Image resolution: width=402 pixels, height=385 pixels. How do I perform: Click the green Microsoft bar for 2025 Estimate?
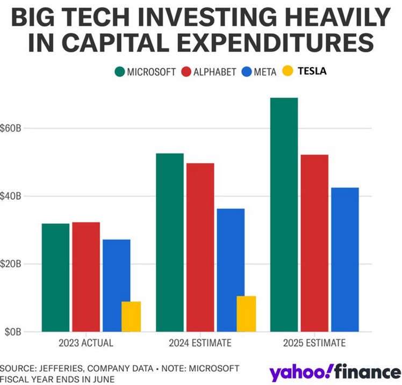click(x=284, y=215)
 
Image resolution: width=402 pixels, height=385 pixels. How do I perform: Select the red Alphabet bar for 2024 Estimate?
click(x=200, y=247)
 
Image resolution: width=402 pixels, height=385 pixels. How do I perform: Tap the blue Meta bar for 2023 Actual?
click(x=116, y=285)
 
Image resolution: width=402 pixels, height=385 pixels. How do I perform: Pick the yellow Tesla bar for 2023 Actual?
click(x=131, y=317)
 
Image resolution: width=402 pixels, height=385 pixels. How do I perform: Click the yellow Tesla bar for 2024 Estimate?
click(x=246, y=314)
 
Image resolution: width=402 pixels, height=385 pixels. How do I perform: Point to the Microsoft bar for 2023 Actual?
click(x=55, y=277)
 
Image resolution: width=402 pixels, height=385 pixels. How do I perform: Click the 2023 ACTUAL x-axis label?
click(x=86, y=343)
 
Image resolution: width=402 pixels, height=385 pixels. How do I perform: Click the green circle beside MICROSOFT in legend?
click(x=119, y=71)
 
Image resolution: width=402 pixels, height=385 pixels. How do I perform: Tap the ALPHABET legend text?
click(x=215, y=71)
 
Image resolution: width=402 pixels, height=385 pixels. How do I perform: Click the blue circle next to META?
click(x=248, y=71)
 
